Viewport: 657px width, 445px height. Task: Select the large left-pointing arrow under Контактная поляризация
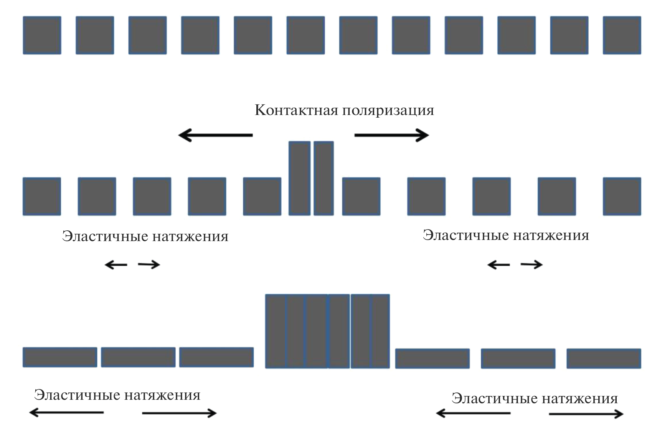pyautogui.click(x=215, y=135)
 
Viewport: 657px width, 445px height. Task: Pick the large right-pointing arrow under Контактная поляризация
pyautogui.click(x=392, y=135)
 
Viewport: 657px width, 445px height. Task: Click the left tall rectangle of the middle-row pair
pyautogui.click(x=299, y=178)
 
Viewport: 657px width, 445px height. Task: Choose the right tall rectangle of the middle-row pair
pyautogui.click(x=324, y=178)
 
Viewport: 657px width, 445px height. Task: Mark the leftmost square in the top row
pyautogui.click(x=42, y=35)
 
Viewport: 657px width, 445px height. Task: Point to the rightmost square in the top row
pyautogui.click(x=622, y=35)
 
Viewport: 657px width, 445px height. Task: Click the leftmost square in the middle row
pyautogui.click(x=42, y=196)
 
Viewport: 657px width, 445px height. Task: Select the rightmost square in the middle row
pyautogui.click(x=622, y=196)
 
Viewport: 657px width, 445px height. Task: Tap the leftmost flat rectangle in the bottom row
pyautogui.click(x=60, y=357)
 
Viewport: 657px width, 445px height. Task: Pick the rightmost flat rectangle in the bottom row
pyautogui.click(x=604, y=358)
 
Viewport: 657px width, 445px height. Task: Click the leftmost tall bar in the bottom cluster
pyautogui.click(x=276, y=331)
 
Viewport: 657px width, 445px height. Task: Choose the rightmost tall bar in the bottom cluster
pyautogui.click(x=380, y=331)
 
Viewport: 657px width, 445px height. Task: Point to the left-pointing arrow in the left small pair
pyautogui.click(x=116, y=264)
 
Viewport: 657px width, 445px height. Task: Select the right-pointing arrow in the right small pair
pyautogui.click(x=532, y=264)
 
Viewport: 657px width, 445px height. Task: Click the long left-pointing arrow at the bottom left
pyautogui.click(x=66, y=412)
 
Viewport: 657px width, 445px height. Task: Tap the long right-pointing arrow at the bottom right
pyautogui.click(x=586, y=414)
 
